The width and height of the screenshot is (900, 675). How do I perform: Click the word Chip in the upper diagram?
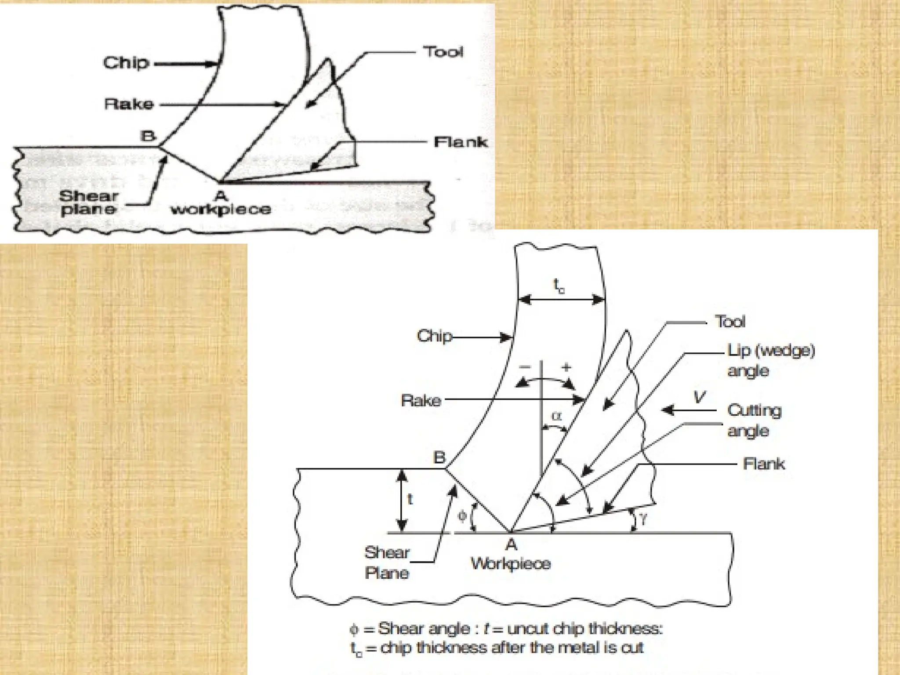126,63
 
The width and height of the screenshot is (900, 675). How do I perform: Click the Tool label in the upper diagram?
443,52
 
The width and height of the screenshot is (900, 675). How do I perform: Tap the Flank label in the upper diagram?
460,142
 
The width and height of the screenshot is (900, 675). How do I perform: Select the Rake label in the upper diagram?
129,104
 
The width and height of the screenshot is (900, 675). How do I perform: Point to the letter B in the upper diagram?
148,136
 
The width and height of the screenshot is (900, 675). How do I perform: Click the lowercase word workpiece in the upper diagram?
221,209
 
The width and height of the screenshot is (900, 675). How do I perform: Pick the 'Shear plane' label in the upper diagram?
89,202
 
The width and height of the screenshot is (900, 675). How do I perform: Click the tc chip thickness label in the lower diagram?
559,286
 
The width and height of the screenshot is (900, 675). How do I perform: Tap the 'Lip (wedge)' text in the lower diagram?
771,350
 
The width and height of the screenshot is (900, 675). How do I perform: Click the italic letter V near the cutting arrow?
699,397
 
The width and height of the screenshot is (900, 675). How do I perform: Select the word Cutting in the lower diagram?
754,410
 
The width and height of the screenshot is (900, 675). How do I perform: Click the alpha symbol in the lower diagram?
556,415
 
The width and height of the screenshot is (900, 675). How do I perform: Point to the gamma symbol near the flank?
643,519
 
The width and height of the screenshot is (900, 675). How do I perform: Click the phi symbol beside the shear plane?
462,515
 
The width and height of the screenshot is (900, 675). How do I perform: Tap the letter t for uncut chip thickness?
410,499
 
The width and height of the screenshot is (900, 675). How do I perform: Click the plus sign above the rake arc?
566,367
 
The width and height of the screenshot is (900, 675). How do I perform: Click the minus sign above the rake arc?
525,367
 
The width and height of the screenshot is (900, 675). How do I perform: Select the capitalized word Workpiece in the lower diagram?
511,563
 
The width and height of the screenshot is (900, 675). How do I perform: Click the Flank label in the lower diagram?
763,464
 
